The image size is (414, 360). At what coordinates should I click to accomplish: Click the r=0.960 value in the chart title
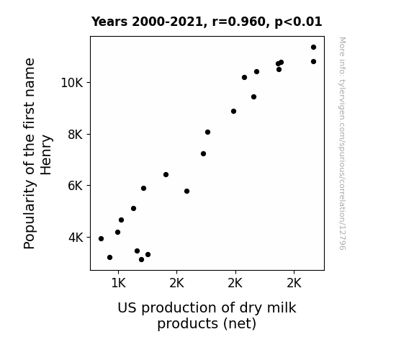pyautogui.click(x=240, y=22)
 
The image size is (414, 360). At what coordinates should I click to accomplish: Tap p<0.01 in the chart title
pyautogui.click(x=298, y=22)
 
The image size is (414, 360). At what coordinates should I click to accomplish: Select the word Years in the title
pyautogui.click(x=109, y=22)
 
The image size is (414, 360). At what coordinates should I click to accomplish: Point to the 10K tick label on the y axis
pyautogui.click(x=72, y=83)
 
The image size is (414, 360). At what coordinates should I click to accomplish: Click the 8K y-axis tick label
pyautogui.click(x=76, y=135)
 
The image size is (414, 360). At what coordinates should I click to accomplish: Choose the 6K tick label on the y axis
pyautogui.click(x=76, y=186)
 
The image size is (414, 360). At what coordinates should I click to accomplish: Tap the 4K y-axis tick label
pyautogui.click(x=76, y=238)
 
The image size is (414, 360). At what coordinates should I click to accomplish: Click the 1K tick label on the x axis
pyautogui.click(x=118, y=284)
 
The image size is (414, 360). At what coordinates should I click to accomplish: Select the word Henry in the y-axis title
pyautogui.click(x=46, y=155)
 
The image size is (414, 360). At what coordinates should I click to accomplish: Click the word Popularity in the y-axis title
pyautogui.click(x=30, y=215)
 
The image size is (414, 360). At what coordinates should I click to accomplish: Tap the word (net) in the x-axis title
pyautogui.click(x=240, y=324)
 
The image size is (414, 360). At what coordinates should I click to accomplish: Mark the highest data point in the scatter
pyautogui.click(x=313, y=48)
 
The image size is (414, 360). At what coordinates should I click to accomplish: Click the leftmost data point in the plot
pyautogui.click(x=101, y=239)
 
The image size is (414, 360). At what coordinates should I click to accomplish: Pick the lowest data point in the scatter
pyautogui.click(x=141, y=260)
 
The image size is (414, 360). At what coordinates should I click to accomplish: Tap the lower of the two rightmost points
pyautogui.click(x=313, y=61)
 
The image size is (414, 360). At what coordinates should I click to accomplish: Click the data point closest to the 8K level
pyautogui.click(x=207, y=132)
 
